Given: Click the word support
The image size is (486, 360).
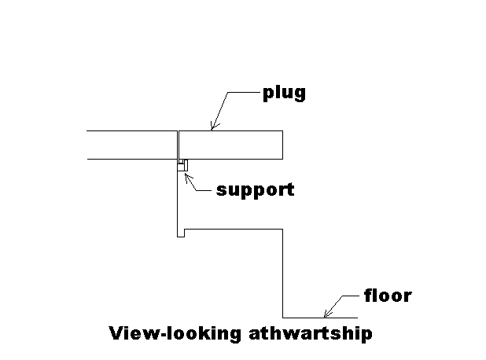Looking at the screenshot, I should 255,189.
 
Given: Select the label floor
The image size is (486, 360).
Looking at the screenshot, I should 388,296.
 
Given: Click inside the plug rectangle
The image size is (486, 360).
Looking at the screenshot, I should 232,145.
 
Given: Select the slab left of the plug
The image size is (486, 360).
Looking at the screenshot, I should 130,145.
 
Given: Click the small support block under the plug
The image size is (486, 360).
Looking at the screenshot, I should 182,165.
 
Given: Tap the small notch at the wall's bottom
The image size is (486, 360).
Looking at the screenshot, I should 181,233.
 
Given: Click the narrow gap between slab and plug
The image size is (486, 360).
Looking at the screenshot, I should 177,145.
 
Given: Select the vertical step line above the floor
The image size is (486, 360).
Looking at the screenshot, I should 282,271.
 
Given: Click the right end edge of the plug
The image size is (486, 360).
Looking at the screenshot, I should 282,145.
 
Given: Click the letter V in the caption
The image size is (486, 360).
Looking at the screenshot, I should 114,333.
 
